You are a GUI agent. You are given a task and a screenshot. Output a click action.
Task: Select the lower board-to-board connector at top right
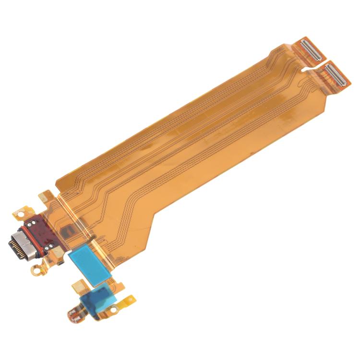pyautogui.click(x=336, y=75)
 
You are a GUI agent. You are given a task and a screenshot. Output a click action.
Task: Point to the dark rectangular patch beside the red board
pyautogui.click(x=64, y=233)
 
